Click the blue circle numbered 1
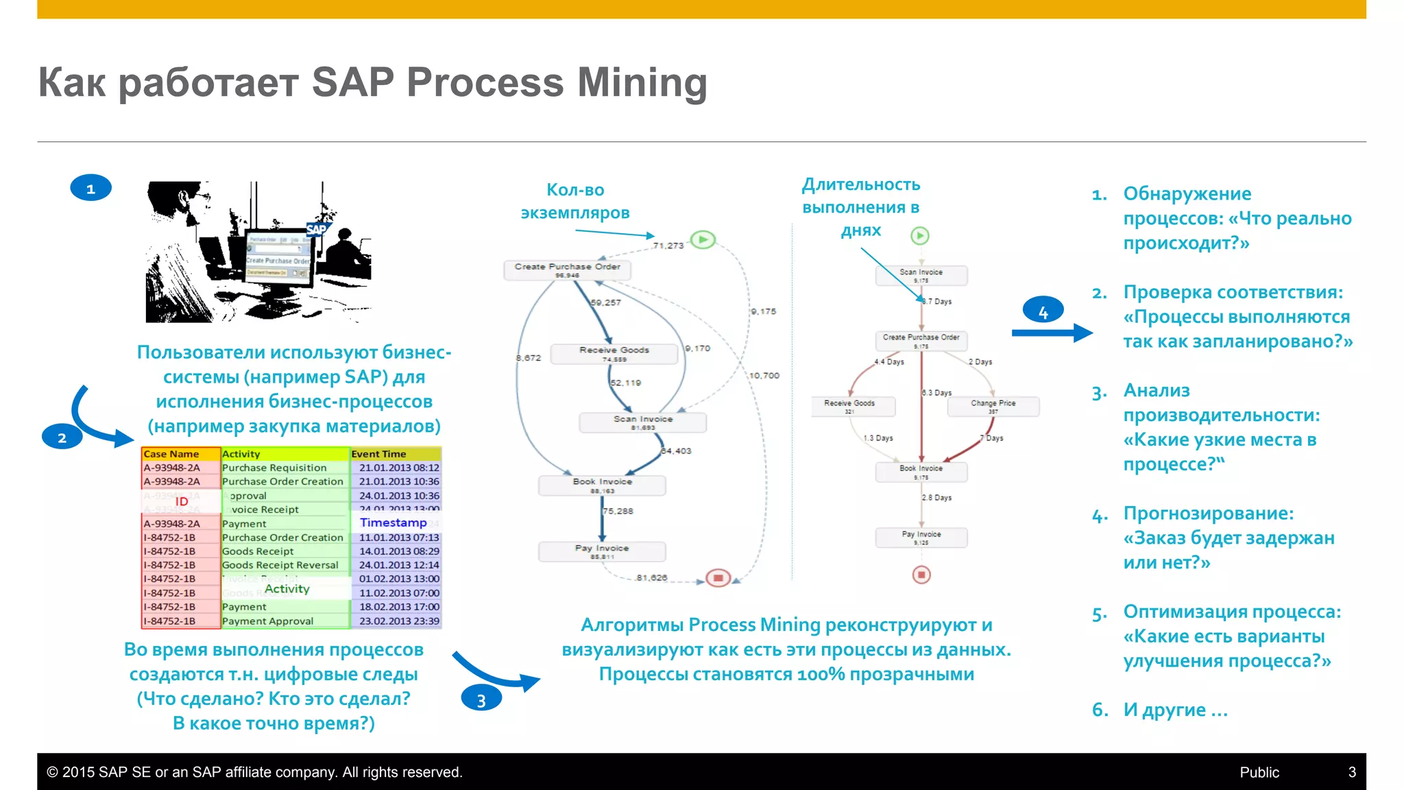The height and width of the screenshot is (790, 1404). click(90, 189)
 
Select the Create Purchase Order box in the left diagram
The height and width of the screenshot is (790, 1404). click(567, 270)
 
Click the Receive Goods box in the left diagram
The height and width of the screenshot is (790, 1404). click(614, 353)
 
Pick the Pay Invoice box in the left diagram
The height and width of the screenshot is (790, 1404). click(602, 551)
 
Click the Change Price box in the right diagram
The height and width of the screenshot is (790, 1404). click(993, 406)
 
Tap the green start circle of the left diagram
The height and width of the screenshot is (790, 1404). click(703, 239)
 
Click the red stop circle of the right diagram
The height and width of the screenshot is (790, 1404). click(921, 574)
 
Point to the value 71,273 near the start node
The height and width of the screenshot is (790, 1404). click(668, 246)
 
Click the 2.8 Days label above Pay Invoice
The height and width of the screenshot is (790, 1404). click(936, 497)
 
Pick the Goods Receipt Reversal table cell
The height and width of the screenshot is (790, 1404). click(280, 565)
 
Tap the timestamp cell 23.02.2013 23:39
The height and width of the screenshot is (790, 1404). click(399, 621)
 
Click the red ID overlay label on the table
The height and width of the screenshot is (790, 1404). click(182, 501)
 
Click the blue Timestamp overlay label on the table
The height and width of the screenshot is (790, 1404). click(393, 523)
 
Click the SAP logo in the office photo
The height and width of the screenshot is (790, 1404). click(317, 229)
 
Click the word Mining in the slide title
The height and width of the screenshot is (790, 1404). click(642, 82)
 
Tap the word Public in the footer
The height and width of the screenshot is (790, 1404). click(1259, 772)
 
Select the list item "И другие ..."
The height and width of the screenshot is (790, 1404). click(1174, 710)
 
